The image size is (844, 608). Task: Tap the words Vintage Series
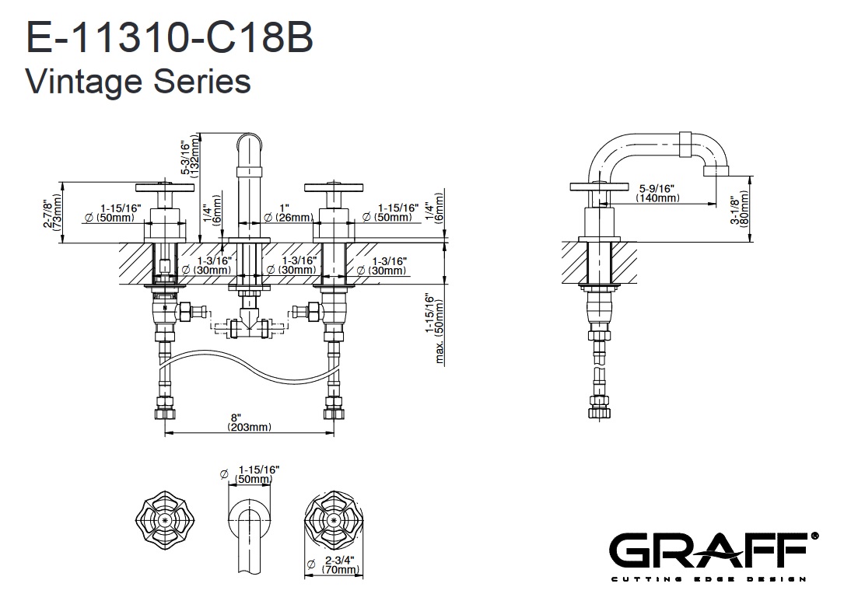tap(138, 81)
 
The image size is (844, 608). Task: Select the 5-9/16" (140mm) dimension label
tap(657, 194)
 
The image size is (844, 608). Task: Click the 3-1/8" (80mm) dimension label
tap(739, 209)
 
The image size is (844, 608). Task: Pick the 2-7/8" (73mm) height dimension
tap(52, 212)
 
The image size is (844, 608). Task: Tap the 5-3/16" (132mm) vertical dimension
tap(191, 161)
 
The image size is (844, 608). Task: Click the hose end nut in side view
tap(597, 404)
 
